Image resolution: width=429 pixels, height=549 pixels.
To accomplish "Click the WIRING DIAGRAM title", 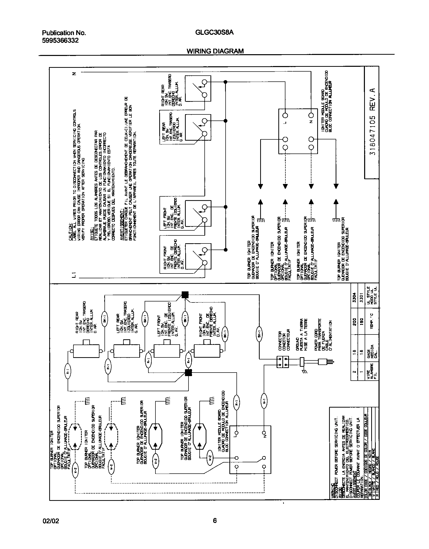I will pos(215,51).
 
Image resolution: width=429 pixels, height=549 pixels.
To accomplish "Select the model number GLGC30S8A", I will pos(214,33).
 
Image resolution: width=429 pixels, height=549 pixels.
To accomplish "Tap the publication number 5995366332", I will pos(60,40).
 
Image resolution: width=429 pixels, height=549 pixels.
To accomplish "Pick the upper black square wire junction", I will pos(185,295).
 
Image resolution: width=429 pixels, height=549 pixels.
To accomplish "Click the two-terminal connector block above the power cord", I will pos(283,362).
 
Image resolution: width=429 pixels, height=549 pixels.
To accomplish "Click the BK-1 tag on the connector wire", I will pos(259,334).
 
